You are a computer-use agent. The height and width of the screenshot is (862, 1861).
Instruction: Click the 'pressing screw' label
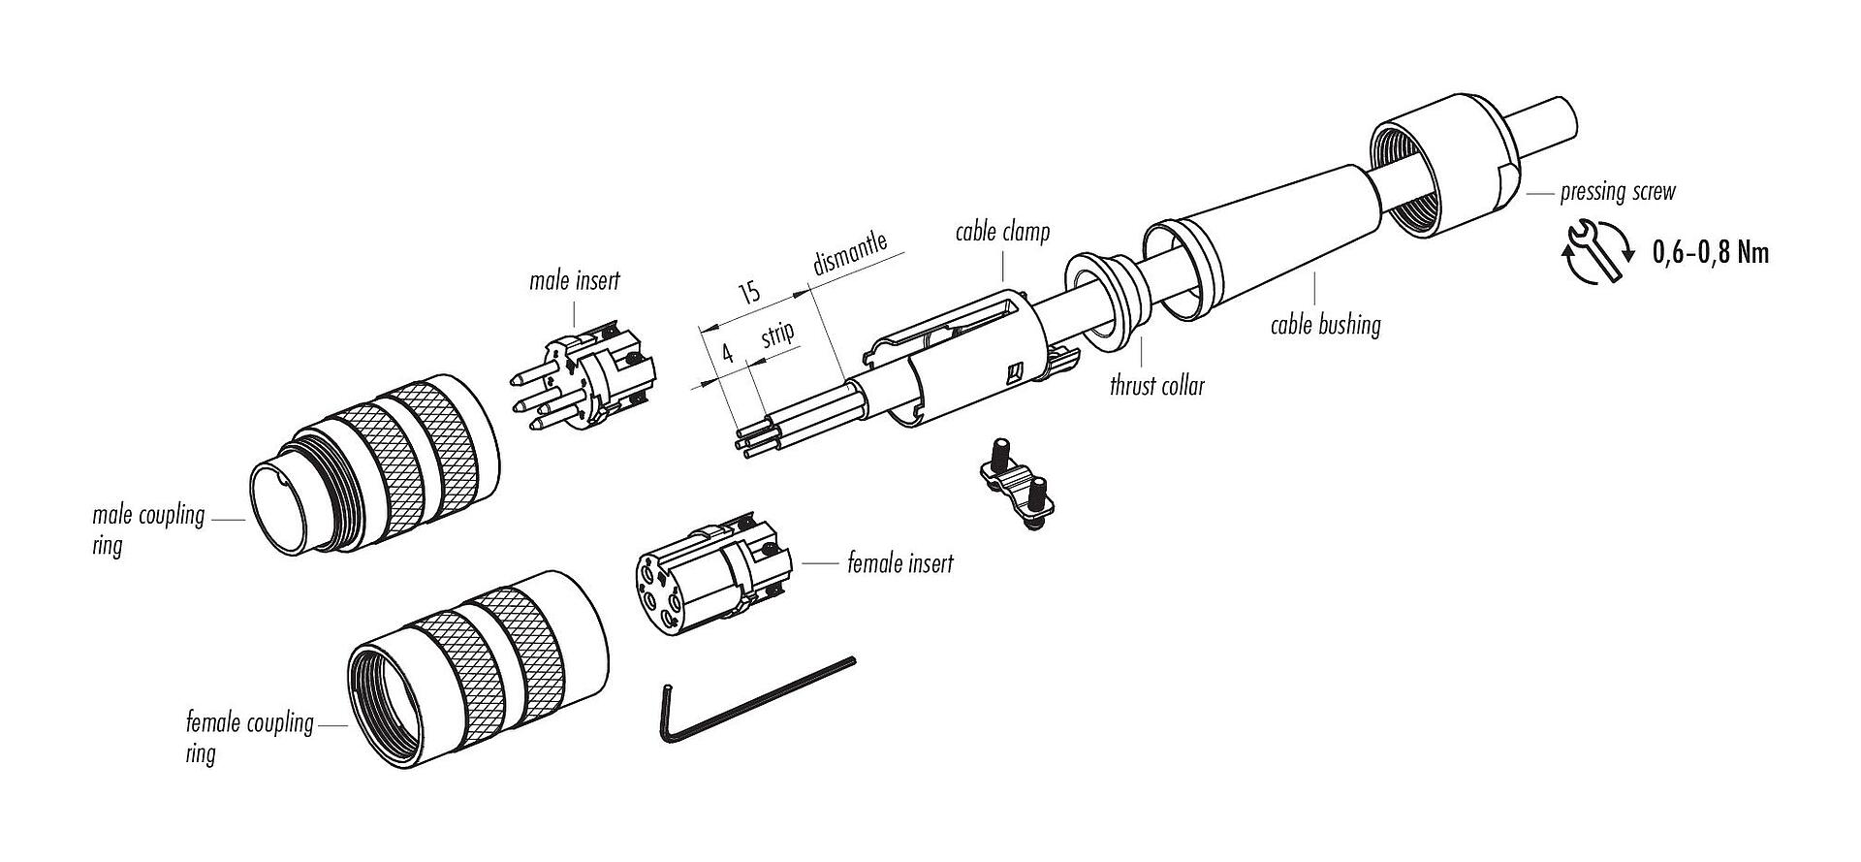(1617, 191)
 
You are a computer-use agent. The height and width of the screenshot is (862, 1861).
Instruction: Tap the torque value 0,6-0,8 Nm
(1710, 253)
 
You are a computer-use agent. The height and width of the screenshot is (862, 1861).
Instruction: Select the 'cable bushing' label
(1325, 324)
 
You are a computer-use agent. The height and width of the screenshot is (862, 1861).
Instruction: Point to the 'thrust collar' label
(1156, 386)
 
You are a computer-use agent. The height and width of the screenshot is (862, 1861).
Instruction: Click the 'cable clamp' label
(1002, 233)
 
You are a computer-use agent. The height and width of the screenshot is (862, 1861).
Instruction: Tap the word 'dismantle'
(850, 254)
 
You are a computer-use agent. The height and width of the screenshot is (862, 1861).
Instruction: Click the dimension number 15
(749, 292)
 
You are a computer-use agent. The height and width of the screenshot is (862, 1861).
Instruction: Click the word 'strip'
(777, 335)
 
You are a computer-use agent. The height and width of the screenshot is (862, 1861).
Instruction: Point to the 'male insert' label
(574, 281)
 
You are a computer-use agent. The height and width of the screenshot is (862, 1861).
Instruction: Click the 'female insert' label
(899, 562)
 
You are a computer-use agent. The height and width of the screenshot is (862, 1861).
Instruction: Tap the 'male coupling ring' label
(147, 528)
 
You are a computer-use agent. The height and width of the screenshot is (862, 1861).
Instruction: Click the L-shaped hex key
(737, 703)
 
